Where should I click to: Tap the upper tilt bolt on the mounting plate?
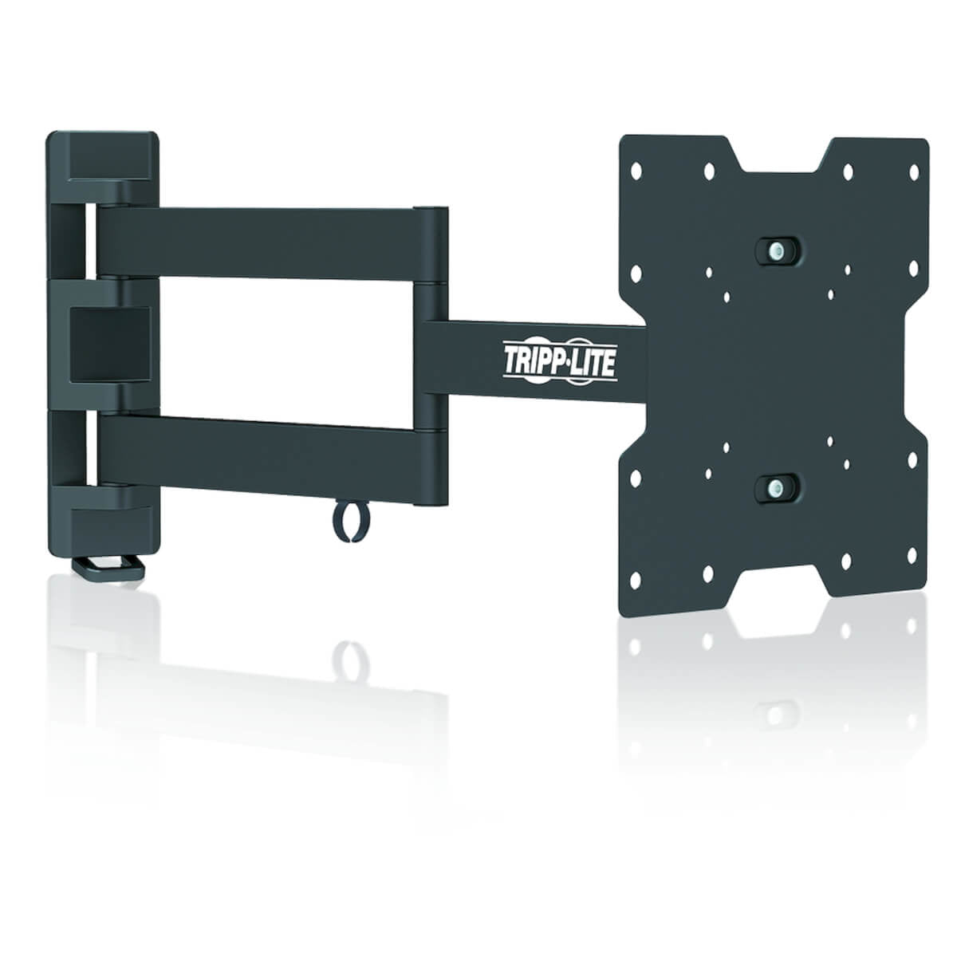(774, 248)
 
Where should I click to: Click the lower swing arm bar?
(263, 458)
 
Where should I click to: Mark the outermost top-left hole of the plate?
(636, 170)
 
